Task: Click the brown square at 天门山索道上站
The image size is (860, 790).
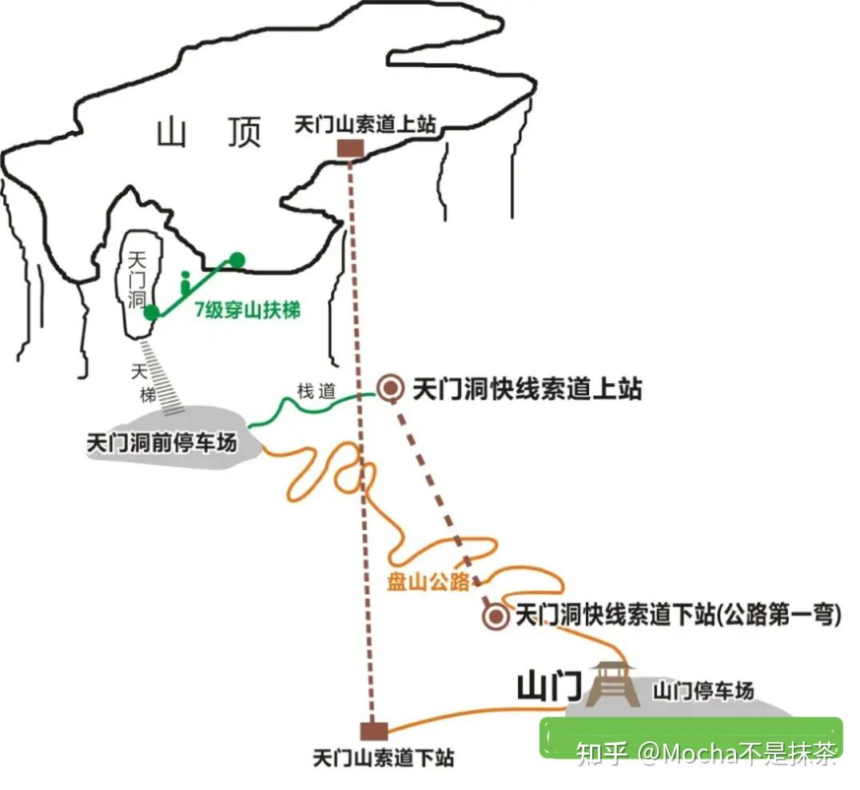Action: tap(350, 149)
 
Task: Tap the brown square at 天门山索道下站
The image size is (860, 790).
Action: tap(373, 731)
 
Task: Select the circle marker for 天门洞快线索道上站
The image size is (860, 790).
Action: tap(391, 389)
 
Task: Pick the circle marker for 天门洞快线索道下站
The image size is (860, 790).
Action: tap(496, 616)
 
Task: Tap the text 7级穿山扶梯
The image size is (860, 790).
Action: tap(248, 309)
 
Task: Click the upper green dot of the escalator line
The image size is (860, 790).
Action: tap(237, 259)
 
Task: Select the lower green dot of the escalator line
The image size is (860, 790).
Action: tap(151, 313)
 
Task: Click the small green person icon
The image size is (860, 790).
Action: tap(185, 282)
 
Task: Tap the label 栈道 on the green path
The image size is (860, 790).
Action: tap(316, 391)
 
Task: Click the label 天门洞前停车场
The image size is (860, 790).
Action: tap(162, 442)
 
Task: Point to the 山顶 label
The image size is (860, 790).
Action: tap(209, 133)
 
